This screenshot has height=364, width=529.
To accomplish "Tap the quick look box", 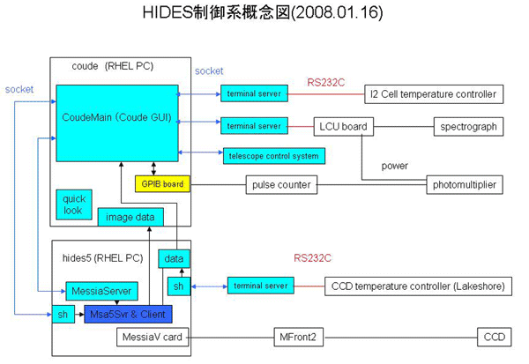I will pyautogui.click(x=73, y=204).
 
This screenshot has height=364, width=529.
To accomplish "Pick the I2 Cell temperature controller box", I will pyautogui.click(x=432, y=93).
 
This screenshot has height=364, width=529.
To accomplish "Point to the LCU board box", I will pyautogui.click(x=342, y=126).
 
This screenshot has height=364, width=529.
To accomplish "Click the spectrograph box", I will pyautogui.click(x=468, y=126).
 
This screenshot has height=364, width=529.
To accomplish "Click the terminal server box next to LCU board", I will pyautogui.click(x=254, y=126).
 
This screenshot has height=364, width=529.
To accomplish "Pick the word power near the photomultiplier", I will pyautogui.click(x=394, y=166).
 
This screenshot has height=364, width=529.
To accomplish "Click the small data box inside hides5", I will pyautogui.click(x=174, y=258).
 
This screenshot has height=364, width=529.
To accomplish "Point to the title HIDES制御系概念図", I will pyautogui.click(x=262, y=14).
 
